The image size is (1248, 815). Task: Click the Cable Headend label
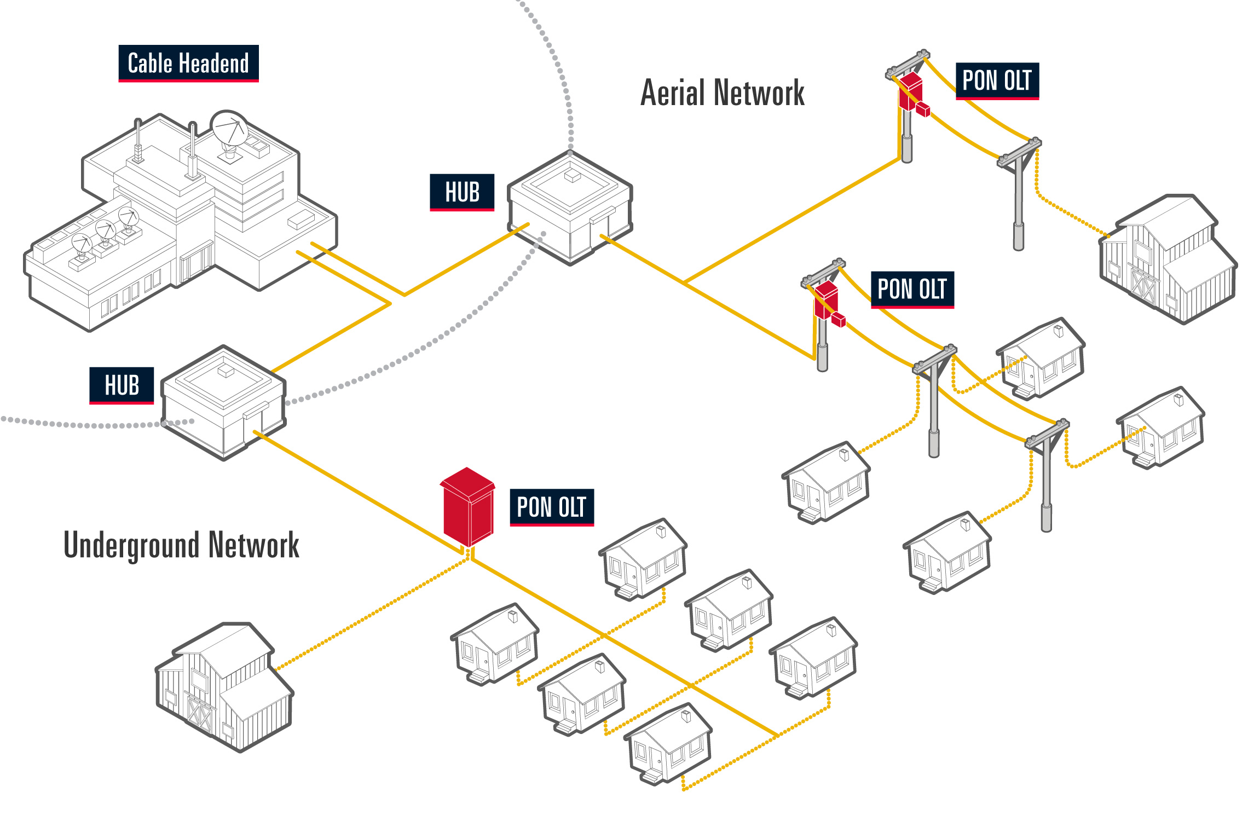pyautogui.click(x=188, y=63)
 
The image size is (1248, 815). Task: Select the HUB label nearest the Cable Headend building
pyautogui.click(x=462, y=192)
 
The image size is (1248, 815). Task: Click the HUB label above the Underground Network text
pyautogui.click(x=122, y=385)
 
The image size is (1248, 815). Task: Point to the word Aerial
pyautogui.click(x=672, y=93)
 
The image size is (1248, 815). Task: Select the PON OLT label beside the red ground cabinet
pyautogui.click(x=552, y=507)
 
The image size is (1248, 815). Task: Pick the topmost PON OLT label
pyautogui.click(x=997, y=80)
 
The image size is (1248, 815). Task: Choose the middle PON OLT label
pyautogui.click(x=912, y=289)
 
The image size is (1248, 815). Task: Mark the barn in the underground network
pyautogui.click(x=224, y=687)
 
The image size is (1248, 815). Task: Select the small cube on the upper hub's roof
pyautogui.click(x=573, y=175)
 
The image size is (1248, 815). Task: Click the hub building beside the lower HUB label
pyautogui.click(x=223, y=402)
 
